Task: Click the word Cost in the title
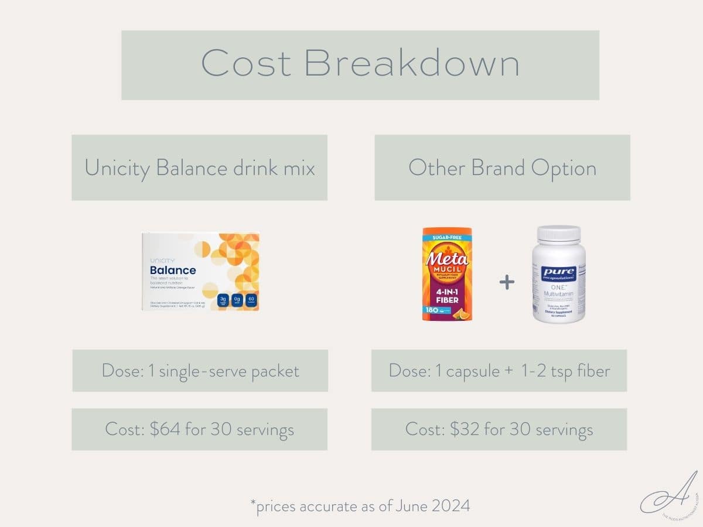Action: (x=245, y=63)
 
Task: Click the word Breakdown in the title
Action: (x=412, y=63)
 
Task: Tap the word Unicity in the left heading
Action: (x=118, y=168)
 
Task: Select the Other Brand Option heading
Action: (x=502, y=168)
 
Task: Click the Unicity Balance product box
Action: (x=200, y=272)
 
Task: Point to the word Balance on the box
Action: (x=173, y=270)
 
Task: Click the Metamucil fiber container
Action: (x=447, y=274)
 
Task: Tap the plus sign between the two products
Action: (x=507, y=282)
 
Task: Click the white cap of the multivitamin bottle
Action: (x=558, y=234)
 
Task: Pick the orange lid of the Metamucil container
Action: (x=447, y=231)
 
